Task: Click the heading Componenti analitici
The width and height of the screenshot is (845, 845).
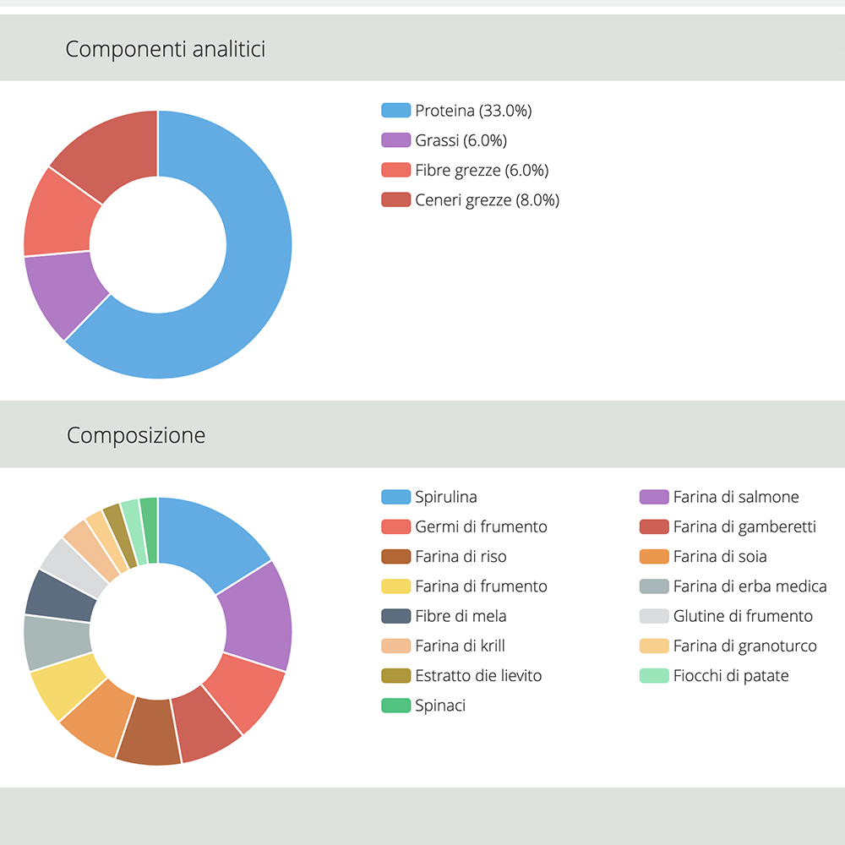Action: [x=166, y=49]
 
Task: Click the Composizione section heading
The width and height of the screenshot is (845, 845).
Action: [x=136, y=436]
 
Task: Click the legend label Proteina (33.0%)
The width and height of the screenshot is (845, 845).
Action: [x=473, y=111]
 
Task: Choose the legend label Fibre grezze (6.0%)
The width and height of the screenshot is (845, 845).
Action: [x=482, y=170]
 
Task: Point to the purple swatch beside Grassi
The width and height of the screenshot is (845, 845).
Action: [x=395, y=140]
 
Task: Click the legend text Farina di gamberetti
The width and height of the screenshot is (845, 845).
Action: [x=744, y=527]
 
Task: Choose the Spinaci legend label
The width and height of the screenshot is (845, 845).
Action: [x=440, y=706]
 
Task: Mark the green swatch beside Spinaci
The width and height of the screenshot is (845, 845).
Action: [x=395, y=706]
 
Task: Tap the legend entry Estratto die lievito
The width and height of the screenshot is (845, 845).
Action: [x=478, y=676]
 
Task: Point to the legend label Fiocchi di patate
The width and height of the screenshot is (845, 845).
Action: [x=731, y=676]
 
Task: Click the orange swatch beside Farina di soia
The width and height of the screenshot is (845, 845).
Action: [x=654, y=557]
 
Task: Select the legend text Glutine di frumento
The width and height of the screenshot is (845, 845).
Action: [x=743, y=616]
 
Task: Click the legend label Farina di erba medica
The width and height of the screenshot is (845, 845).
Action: [x=750, y=586]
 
